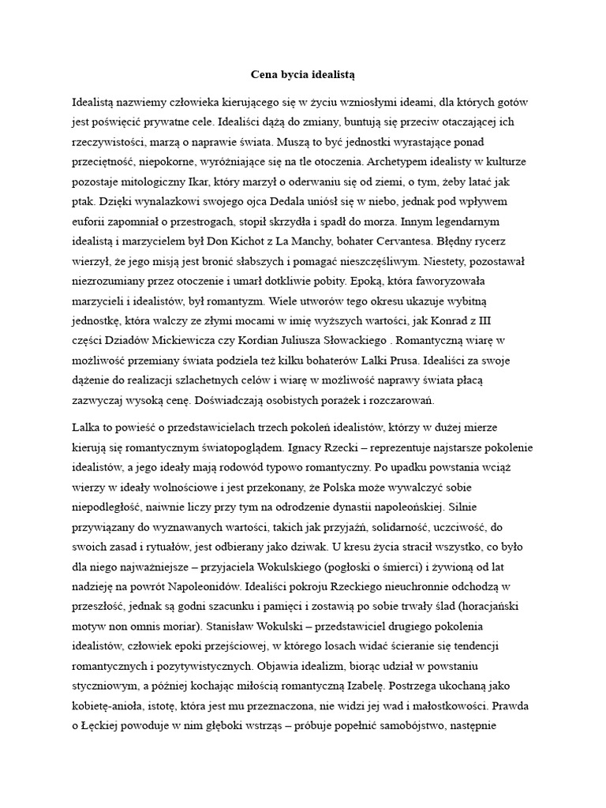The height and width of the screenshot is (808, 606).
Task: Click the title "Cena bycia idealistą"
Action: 303,75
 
